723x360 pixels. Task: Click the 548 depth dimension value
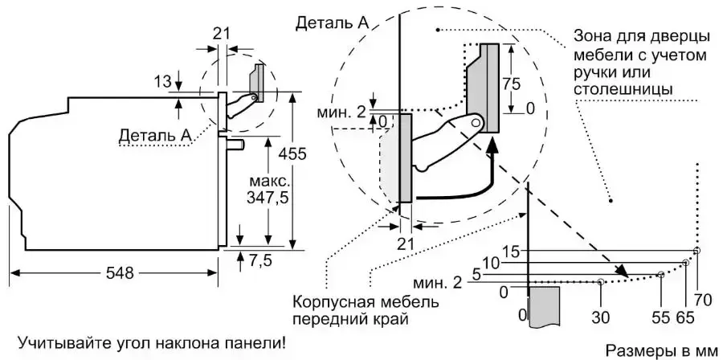click(x=119, y=273)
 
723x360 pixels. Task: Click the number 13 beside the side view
click(x=161, y=81)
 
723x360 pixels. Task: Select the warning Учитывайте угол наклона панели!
click(x=150, y=343)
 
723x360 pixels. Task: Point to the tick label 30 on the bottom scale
click(x=600, y=317)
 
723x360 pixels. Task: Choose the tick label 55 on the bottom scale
click(x=661, y=317)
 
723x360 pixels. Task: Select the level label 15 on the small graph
click(x=510, y=251)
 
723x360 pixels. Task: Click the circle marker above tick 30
click(x=600, y=282)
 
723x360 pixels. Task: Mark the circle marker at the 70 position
click(x=696, y=251)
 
